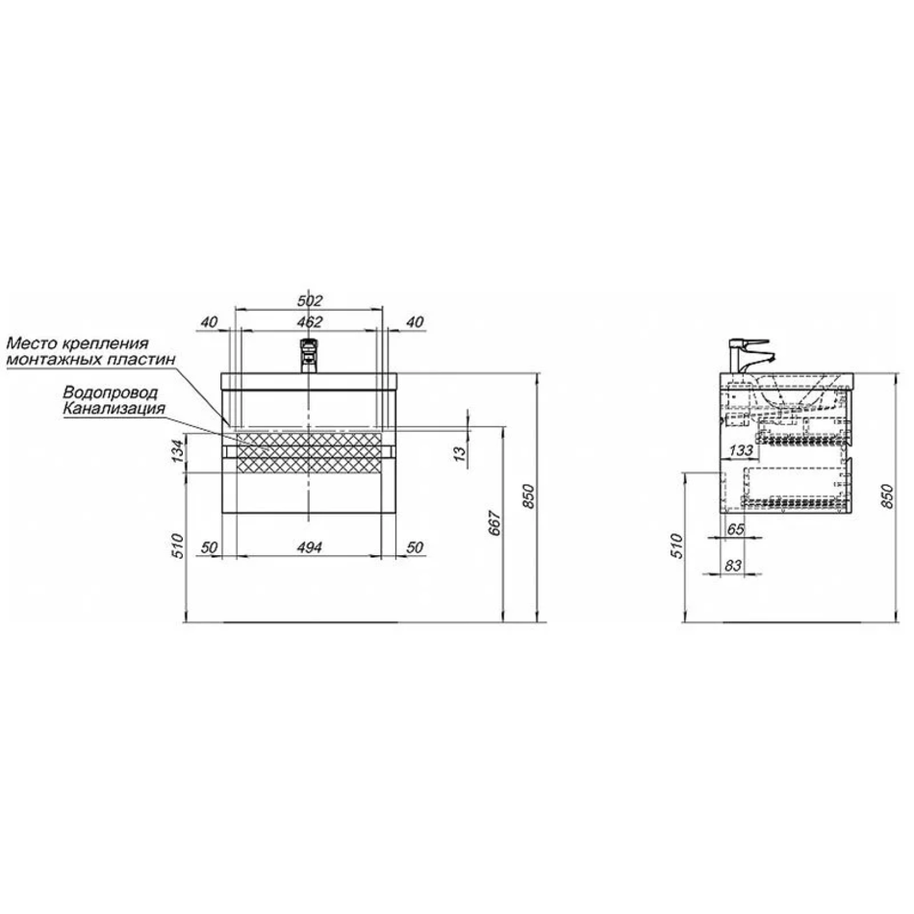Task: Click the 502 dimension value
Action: (310, 301)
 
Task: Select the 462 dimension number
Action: (310, 321)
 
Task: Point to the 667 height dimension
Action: (494, 522)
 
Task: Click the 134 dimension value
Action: (178, 450)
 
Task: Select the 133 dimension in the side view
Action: (740, 450)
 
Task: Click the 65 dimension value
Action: (736, 529)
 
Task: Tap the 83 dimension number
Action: (733, 565)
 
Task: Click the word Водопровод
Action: (111, 393)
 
